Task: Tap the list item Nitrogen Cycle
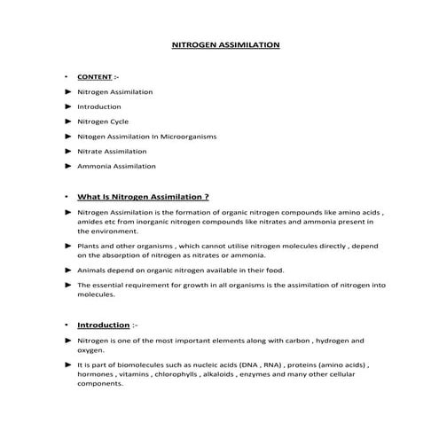point(103,122)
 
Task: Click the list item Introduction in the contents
point(99,106)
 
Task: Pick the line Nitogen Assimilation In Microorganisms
point(147,137)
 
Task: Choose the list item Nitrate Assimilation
point(112,151)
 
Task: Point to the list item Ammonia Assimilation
point(116,166)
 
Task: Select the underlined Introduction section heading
point(103,325)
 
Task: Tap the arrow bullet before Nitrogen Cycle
point(68,122)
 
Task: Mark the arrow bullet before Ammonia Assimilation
point(68,166)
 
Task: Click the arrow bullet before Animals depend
point(68,269)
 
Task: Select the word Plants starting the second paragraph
point(88,244)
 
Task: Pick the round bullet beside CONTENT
point(67,77)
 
